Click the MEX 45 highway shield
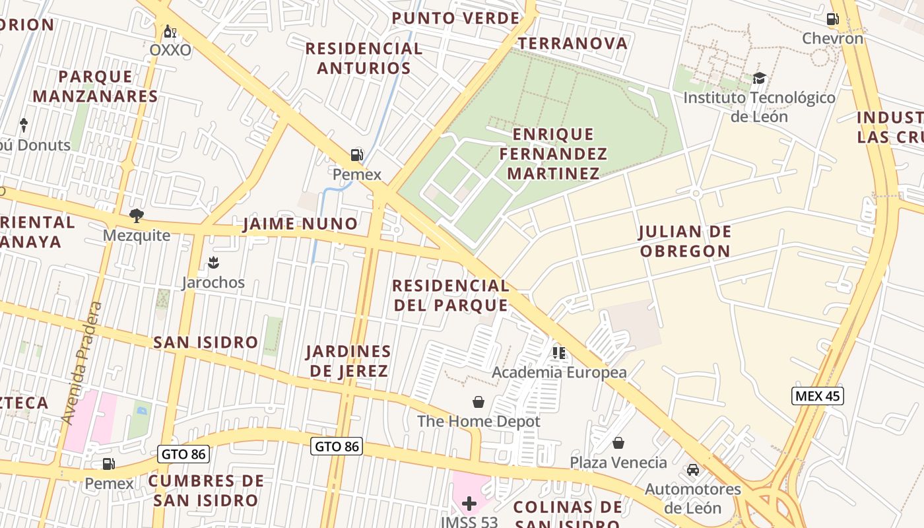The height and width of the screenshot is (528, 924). click(x=817, y=396)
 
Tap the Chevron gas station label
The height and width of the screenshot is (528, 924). click(x=832, y=38)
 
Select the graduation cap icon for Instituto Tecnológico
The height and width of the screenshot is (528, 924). click(x=759, y=79)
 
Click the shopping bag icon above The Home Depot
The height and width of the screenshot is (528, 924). click(x=478, y=402)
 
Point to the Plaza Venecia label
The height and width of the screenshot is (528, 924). click(x=618, y=462)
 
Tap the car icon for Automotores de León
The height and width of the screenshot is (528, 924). click(x=692, y=470)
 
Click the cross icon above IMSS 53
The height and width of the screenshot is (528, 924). click(x=469, y=504)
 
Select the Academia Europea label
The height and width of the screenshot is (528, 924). click(x=559, y=372)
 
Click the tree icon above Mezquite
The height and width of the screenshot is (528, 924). click(x=137, y=215)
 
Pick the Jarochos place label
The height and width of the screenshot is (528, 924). click(x=213, y=282)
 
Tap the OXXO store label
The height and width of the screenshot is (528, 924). click(x=170, y=50)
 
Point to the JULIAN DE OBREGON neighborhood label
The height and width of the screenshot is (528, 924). click(x=685, y=241)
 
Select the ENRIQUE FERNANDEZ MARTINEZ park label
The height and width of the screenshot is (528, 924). click(x=553, y=154)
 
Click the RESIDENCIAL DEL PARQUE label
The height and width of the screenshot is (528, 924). click(x=451, y=295)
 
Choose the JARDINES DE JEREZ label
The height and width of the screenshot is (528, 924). click(x=348, y=360)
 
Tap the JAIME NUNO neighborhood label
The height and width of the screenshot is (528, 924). click(x=300, y=224)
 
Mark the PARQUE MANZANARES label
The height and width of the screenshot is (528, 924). click(x=96, y=86)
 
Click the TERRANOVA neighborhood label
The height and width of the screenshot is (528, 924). click(x=572, y=44)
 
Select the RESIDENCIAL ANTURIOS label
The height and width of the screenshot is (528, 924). click(x=364, y=58)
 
